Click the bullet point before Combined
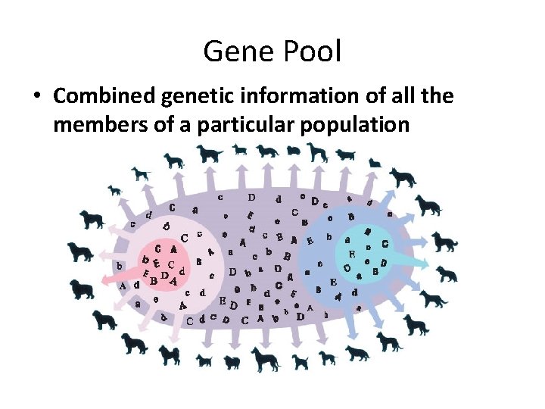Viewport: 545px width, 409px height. tap(36, 97)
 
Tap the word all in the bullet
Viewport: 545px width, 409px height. tap(409, 97)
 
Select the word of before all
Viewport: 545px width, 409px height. tap(381, 97)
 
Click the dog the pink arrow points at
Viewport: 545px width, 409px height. tap(82, 289)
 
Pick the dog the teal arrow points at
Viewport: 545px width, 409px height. tap(446, 273)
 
